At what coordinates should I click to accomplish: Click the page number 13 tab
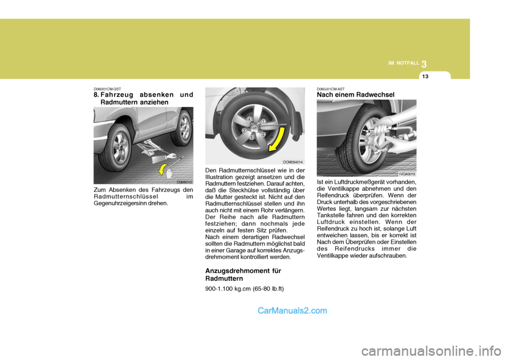click(424, 76)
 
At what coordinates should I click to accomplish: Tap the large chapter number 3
click(424, 64)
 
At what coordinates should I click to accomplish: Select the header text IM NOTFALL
click(404, 63)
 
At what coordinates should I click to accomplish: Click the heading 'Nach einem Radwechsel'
click(355, 95)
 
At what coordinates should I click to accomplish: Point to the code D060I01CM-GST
click(107, 89)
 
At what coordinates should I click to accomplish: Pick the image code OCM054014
click(293, 161)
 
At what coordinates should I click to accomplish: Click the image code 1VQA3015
click(406, 174)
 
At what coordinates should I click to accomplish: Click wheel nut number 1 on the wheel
click(262, 122)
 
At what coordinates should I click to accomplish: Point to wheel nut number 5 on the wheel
click(252, 138)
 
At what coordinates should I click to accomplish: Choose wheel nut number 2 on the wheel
click(244, 130)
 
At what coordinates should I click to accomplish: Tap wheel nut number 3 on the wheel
click(262, 134)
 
